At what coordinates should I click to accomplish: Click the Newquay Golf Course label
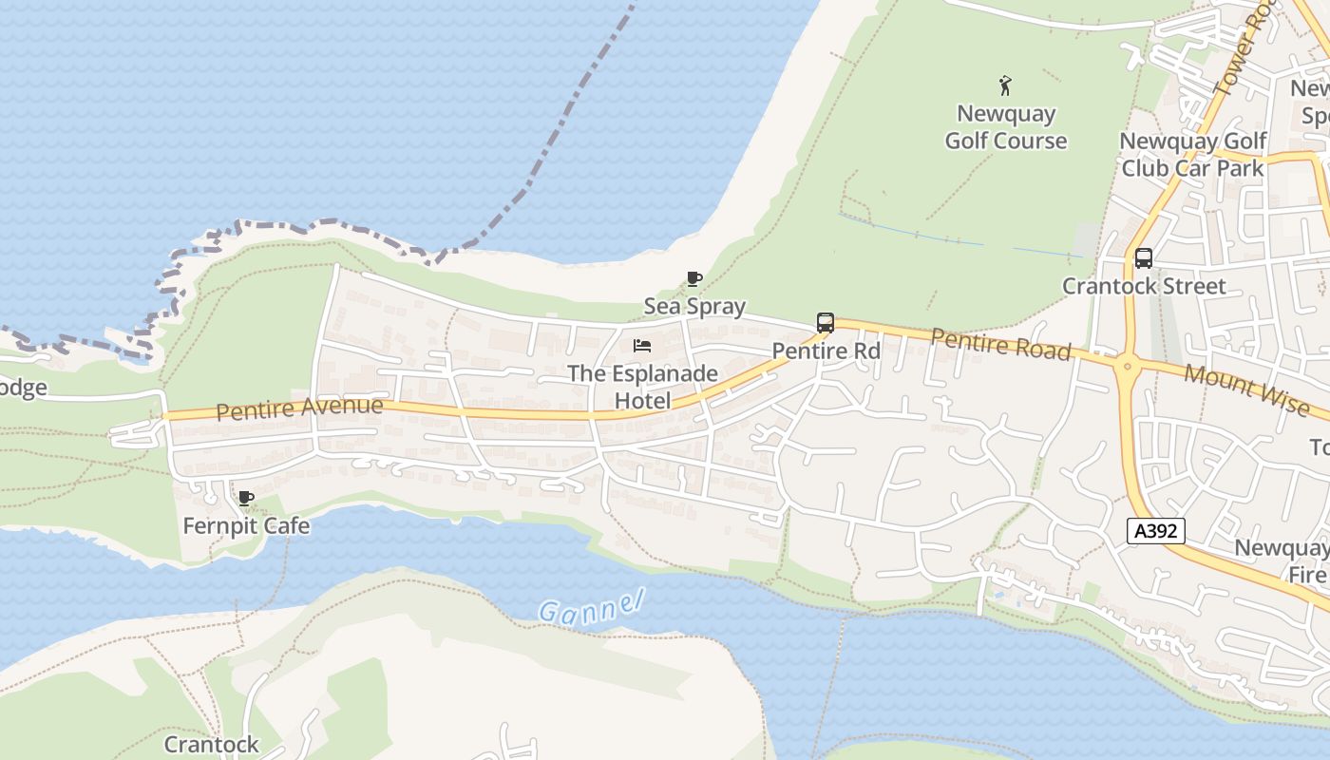[1005, 127]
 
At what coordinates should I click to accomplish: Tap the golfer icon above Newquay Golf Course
[1005, 85]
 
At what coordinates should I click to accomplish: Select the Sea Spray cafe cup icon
[694, 278]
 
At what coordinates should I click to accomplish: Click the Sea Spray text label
[694, 306]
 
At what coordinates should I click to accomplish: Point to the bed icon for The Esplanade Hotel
[642, 346]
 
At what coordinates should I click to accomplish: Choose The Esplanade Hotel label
[642, 387]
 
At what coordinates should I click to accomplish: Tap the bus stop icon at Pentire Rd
[826, 323]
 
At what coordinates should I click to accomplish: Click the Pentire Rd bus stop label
[826, 351]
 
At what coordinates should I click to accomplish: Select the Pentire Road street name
[1000, 344]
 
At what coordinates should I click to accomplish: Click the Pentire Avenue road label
[299, 408]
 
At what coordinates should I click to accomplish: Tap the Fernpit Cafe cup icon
[246, 498]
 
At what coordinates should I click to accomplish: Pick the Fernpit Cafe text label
[246, 525]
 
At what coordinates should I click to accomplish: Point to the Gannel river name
[591, 606]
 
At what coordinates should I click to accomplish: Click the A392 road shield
[1156, 531]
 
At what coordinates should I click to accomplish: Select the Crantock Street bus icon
[1144, 258]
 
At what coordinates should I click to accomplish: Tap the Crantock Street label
[1144, 286]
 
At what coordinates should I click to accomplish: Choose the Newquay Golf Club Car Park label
[1193, 155]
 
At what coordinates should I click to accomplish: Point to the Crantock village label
[211, 744]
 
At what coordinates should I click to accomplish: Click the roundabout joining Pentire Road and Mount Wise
[1127, 364]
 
